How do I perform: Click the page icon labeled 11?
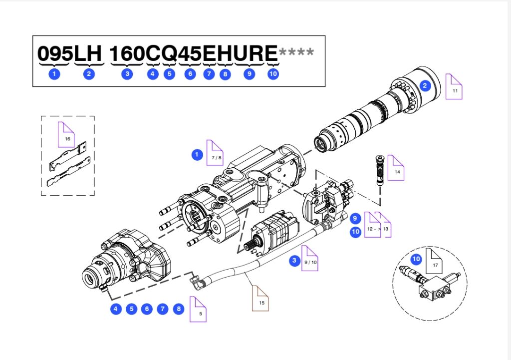[x=454, y=87]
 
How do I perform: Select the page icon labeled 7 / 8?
[x=215, y=153]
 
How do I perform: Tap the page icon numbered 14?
[x=396, y=168]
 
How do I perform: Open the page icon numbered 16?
[x=66, y=135]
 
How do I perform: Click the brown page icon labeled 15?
[x=260, y=299]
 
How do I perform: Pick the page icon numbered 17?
[x=435, y=261]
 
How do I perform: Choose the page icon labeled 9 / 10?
[x=309, y=258]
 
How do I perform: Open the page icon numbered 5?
[x=198, y=309]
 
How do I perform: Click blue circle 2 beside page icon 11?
[x=425, y=86]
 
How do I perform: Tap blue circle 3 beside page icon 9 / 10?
[x=294, y=260]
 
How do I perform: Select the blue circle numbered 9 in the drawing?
[x=355, y=218]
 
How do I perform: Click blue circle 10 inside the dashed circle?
[x=416, y=259]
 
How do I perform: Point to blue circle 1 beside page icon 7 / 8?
[x=197, y=154]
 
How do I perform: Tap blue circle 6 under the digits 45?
[x=190, y=74]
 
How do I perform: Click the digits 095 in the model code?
[x=55, y=53]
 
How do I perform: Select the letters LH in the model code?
[x=89, y=53]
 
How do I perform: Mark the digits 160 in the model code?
[x=126, y=53]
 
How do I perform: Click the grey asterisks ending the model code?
[x=296, y=52]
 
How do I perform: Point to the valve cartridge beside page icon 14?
[x=380, y=170]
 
